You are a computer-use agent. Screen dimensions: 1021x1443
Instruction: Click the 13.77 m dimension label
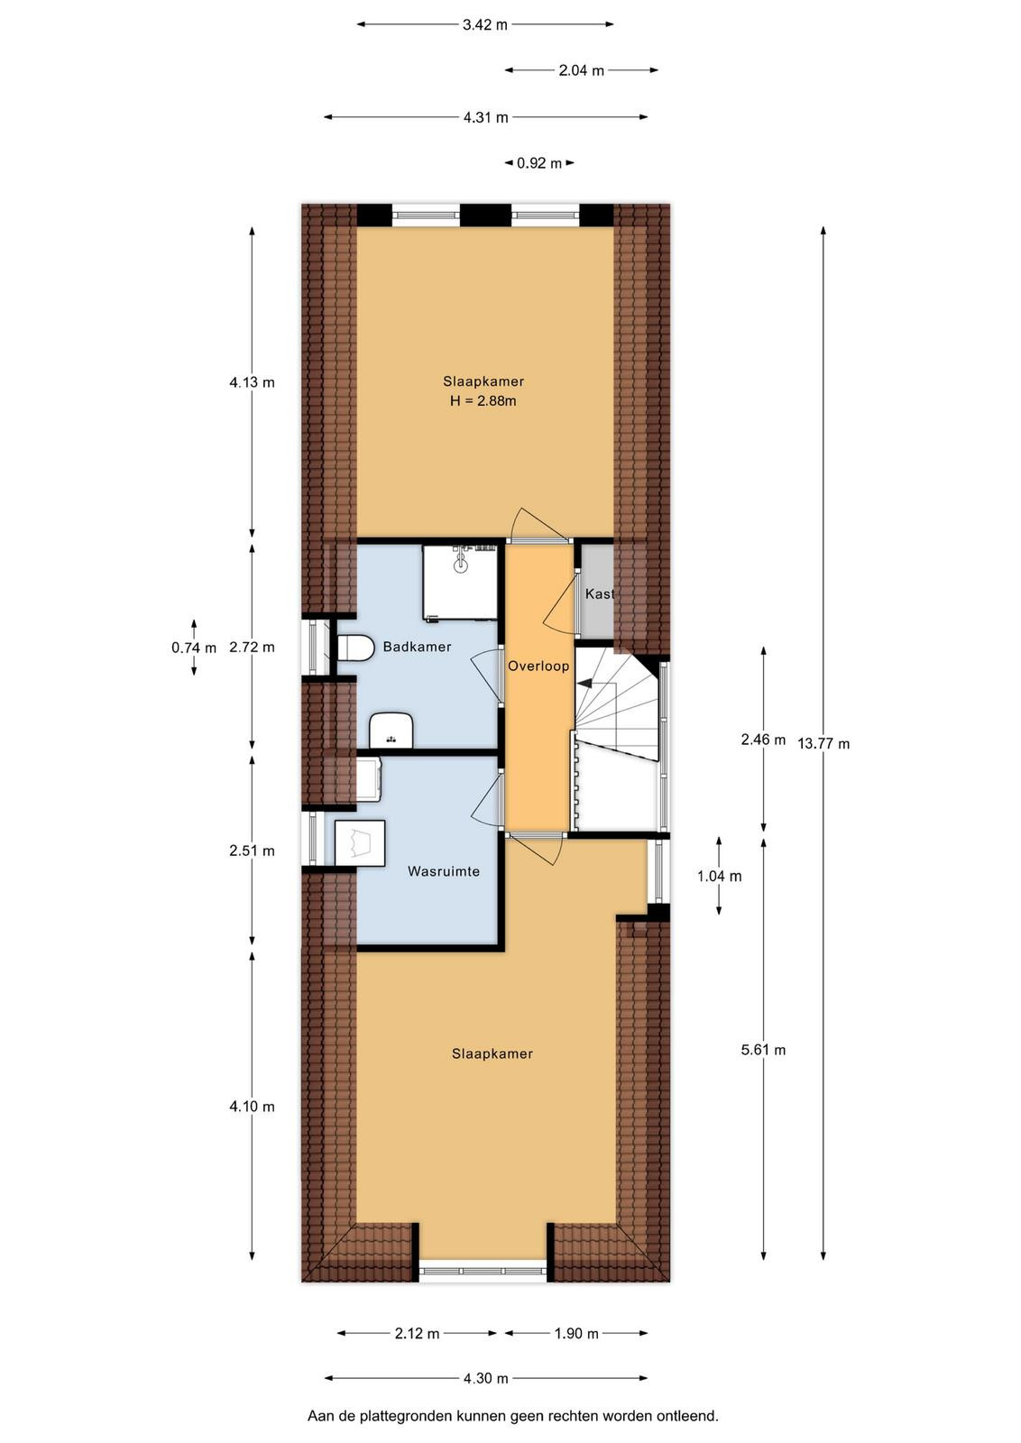coord(823,744)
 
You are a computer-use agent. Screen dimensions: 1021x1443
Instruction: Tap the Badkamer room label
coord(417,647)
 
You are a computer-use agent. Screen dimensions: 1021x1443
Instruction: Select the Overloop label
coord(538,666)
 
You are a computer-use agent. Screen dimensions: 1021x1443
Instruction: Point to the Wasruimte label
coord(443,871)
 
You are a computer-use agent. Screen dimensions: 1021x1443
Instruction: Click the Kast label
coord(599,594)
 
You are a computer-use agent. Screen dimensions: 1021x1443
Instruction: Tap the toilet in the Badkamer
coord(355,648)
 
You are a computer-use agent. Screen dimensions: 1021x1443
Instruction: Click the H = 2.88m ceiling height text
coord(483,401)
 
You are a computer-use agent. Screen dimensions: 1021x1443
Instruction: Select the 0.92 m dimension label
coord(539,163)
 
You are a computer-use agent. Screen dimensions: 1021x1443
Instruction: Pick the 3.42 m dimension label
coord(485,25)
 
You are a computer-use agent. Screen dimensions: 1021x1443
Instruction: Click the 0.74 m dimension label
coord(194,648)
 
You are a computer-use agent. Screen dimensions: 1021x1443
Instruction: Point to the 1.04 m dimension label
coord(720,876)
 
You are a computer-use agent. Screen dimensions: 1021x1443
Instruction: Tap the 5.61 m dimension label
coord(763,1050)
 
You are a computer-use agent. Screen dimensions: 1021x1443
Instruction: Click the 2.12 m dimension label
coord(417,1334)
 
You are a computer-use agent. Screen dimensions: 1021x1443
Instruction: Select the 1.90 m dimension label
coord(576,1334)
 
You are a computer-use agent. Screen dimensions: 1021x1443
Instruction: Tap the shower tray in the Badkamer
coord(461,583)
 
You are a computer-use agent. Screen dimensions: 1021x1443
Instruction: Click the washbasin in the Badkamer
coord(391,730)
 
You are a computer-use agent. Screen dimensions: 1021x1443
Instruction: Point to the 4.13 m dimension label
coord(252,382)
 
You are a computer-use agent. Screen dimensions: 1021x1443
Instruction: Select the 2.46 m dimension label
coord(763,740)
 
